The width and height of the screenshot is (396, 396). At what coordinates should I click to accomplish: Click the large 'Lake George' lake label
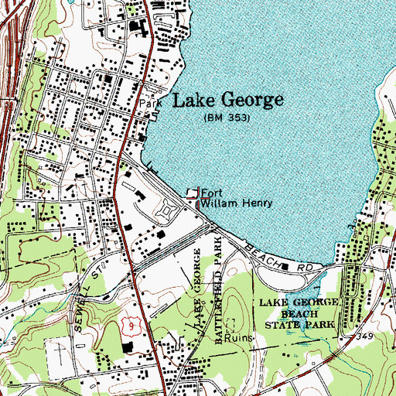point(226,101)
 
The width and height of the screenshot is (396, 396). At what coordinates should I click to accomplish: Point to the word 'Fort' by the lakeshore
point(211,194)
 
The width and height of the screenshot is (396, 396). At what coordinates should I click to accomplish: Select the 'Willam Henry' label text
point(236,204)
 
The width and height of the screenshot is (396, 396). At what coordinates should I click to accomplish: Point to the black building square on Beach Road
point(285,267)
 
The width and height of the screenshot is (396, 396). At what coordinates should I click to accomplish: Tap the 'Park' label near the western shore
point(148,102)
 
